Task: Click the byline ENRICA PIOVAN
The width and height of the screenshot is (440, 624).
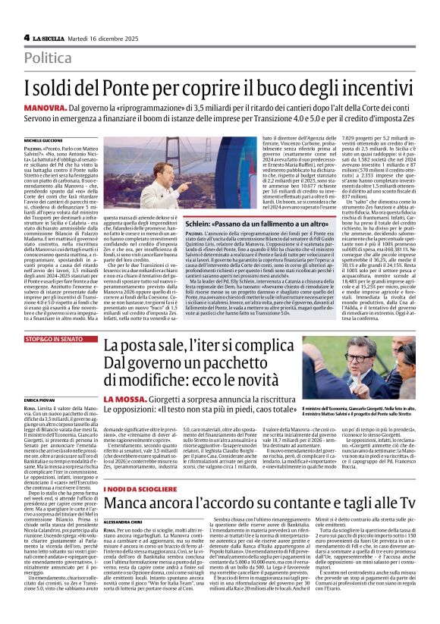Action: click(x=38, y=398)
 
